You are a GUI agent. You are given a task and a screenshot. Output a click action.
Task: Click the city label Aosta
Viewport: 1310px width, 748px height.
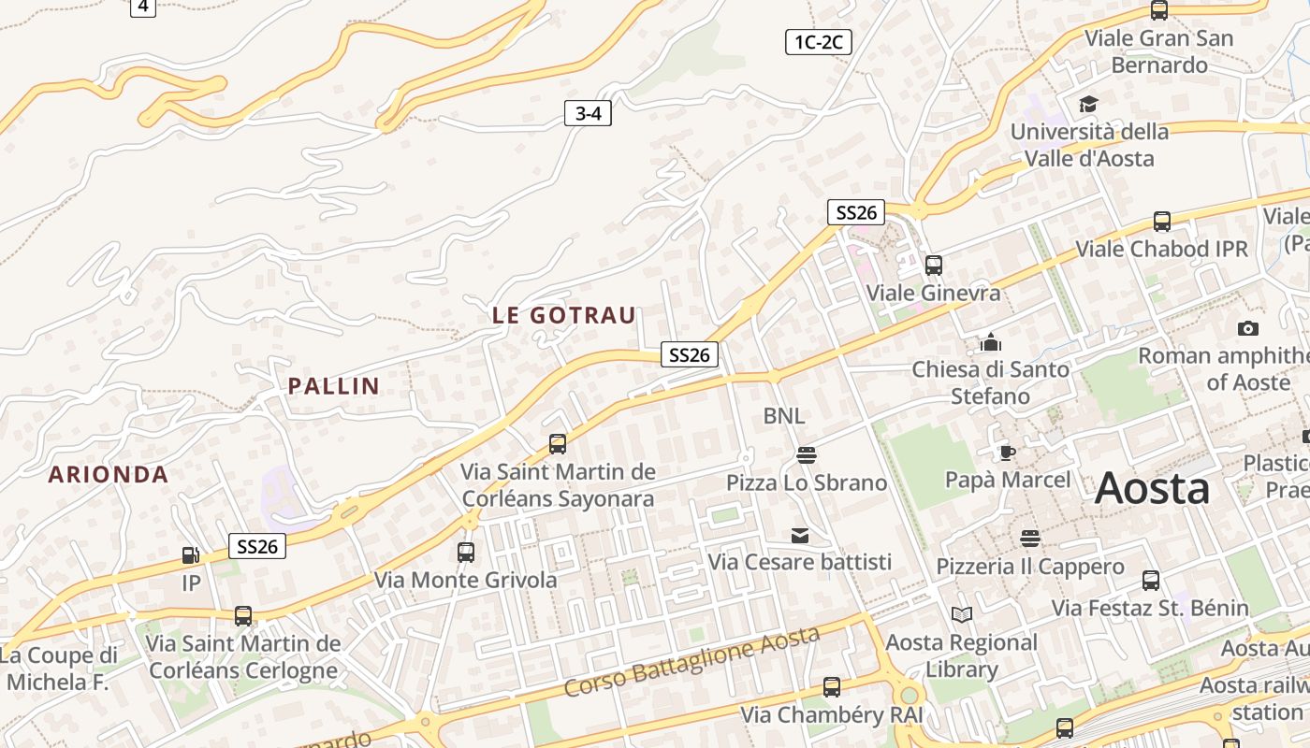(1152, 488)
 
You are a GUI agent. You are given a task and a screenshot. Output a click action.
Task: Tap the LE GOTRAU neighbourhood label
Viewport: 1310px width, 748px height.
(564, 315)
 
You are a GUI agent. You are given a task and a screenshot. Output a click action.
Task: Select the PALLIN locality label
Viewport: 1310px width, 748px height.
(334, 385)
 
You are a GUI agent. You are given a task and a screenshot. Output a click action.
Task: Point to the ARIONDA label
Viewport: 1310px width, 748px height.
(109, 474)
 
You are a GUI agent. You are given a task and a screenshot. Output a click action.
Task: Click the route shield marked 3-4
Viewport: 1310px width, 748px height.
(588, 114)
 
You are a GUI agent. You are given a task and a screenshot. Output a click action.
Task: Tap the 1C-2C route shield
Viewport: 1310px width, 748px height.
(818, 41)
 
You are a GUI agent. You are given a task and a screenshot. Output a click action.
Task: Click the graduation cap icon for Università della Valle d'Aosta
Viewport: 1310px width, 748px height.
(1088, 104)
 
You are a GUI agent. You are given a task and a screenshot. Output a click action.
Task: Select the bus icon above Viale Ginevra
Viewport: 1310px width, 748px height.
(933, 265)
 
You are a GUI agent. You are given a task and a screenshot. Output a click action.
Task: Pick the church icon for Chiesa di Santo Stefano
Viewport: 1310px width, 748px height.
(991, 342)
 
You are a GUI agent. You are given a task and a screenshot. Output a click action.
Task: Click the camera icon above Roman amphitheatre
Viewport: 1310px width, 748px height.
(1247, 328)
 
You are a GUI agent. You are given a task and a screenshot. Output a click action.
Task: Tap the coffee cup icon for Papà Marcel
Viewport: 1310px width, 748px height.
(1007, 453)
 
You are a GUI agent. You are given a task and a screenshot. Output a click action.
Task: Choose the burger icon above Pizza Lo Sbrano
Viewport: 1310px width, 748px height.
(807, 455)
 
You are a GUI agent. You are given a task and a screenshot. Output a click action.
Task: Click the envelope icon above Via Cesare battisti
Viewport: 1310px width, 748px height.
(800, 535)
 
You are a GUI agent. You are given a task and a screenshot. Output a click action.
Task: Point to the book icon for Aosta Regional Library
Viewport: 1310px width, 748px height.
(962, 614)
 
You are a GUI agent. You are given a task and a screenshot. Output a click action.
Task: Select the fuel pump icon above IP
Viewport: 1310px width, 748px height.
(191, 555)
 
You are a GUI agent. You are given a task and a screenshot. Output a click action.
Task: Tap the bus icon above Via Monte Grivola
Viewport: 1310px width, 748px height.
(466, 552)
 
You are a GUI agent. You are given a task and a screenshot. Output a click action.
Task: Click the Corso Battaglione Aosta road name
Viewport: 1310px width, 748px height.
(692, 662)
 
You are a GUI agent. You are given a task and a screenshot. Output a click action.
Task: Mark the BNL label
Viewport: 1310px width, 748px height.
(784, 415)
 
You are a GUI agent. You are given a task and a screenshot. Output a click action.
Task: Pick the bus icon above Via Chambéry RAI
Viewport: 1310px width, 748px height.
(831, 687)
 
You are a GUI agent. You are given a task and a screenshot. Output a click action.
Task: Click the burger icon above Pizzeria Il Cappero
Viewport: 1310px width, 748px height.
(1030, 538)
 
